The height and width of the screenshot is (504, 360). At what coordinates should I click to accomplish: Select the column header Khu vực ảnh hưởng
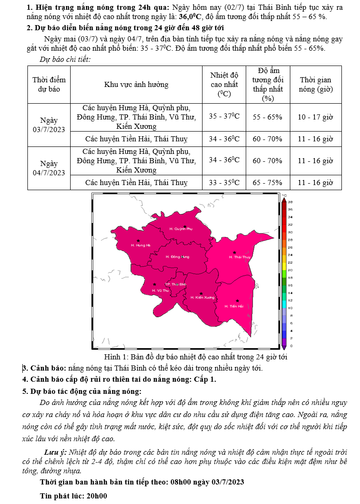pos(136,84)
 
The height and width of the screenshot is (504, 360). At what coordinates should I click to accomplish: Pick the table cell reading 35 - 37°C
pos(224,116)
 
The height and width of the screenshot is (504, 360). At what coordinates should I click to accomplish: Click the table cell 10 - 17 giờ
pos(315,117)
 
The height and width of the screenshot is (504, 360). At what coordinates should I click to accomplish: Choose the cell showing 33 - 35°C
pos(224,183)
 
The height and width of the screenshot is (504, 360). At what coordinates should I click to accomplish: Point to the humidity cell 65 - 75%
pos(267,183)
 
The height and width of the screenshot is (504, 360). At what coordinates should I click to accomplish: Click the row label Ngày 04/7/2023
pos(49,168)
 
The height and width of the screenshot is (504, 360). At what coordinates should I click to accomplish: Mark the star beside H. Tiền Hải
pos(237,300)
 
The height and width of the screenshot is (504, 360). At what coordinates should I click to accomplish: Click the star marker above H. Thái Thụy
pos(234,252)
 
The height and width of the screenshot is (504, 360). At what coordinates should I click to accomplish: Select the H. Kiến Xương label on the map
pos(202,298)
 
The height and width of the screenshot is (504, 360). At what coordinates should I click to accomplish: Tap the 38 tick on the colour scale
pos(290,202)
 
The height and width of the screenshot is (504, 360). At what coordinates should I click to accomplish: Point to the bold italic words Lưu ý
pos(55,452)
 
